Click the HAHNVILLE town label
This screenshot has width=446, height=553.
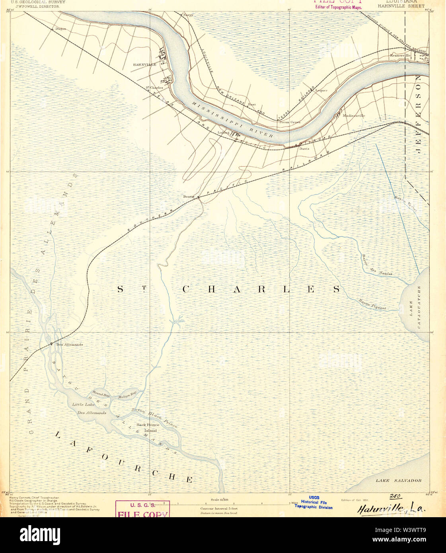(144, 64)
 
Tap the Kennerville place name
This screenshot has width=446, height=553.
(400, 55)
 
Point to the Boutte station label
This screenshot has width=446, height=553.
(188, 197)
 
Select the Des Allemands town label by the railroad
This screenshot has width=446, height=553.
(69, 345)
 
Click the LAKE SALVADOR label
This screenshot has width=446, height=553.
(399, 481)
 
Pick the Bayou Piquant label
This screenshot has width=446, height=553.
(372, 304)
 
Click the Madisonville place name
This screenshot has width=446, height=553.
(354, 116)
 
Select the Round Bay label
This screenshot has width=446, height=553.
(101, 394)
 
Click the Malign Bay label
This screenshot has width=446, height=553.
(127, 395)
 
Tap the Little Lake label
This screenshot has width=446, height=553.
(84, 405)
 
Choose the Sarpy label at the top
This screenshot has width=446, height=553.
(188, 15)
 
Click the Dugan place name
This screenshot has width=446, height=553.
(60, 29)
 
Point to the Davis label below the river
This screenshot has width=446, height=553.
(304, 149)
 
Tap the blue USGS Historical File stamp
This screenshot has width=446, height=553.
(314, 502)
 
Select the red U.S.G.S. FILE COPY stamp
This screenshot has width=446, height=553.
(142, 509)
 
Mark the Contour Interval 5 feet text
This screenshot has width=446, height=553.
(219, 509)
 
